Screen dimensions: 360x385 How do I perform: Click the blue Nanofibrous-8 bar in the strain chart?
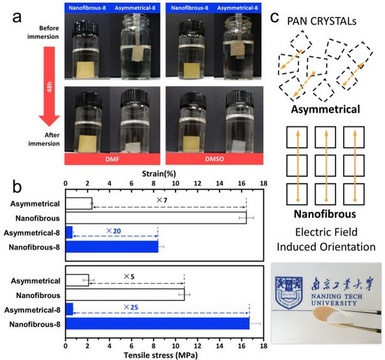112,247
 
